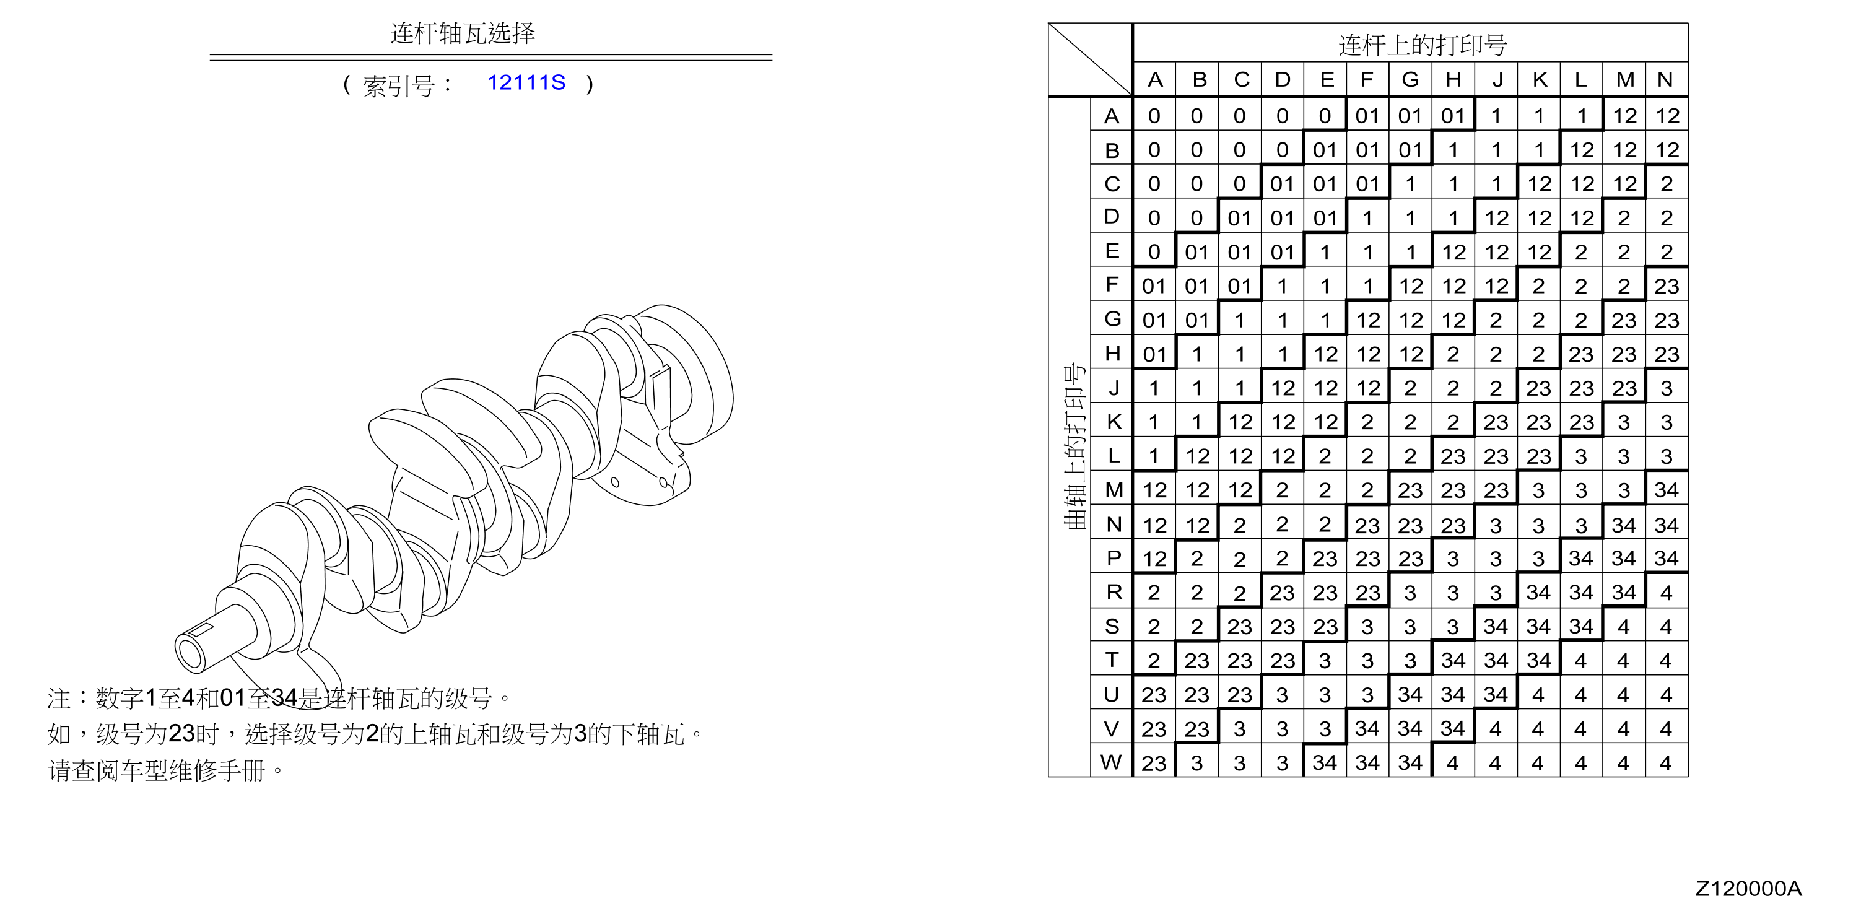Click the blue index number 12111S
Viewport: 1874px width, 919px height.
pyautogui.click(x=526, y=82)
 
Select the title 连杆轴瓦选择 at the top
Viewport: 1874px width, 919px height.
pyautogui.click(x=463, y=33)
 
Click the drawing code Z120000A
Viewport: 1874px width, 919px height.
pyautogui.click(x=1748, y=889)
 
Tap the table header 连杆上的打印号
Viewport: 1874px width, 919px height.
pyautogui.click(x=1423, y=45)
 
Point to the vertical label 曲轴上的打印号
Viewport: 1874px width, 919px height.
pyautogui.click(x=1074, y=446)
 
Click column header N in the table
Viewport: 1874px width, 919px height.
pyautogui.click(x=1665, y=79)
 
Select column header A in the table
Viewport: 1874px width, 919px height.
pyautogui.click(x=1154, y=79)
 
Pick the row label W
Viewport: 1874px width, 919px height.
pyautogui.click(x=1111, y=762)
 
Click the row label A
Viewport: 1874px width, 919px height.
pyautogui.click(x=1111, y=116)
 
